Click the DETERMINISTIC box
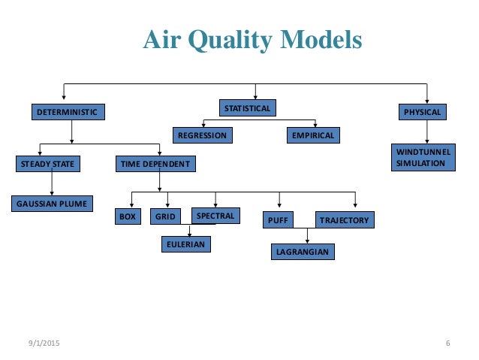click(x=68, y=113)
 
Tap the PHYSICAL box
click(x=423, y=113)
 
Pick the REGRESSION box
click(x=201, y=135)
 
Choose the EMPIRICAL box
click(x=313, y=135)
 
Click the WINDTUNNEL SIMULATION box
click(x=423, y=158)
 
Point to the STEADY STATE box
click(x=47, y=163)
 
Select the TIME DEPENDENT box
click(x=155, y=163)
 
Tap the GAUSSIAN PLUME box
click(x=52, y=203)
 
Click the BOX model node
click(x=128, y=217)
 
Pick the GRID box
click(x=165, y=217)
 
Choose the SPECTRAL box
click(x=215, y=216)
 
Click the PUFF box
click(x=277, y=220)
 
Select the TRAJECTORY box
click(x=344, y=220)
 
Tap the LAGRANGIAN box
click(x=302, y=252)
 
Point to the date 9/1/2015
click(x=43, y=343)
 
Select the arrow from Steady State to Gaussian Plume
click(x=52, y=183)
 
